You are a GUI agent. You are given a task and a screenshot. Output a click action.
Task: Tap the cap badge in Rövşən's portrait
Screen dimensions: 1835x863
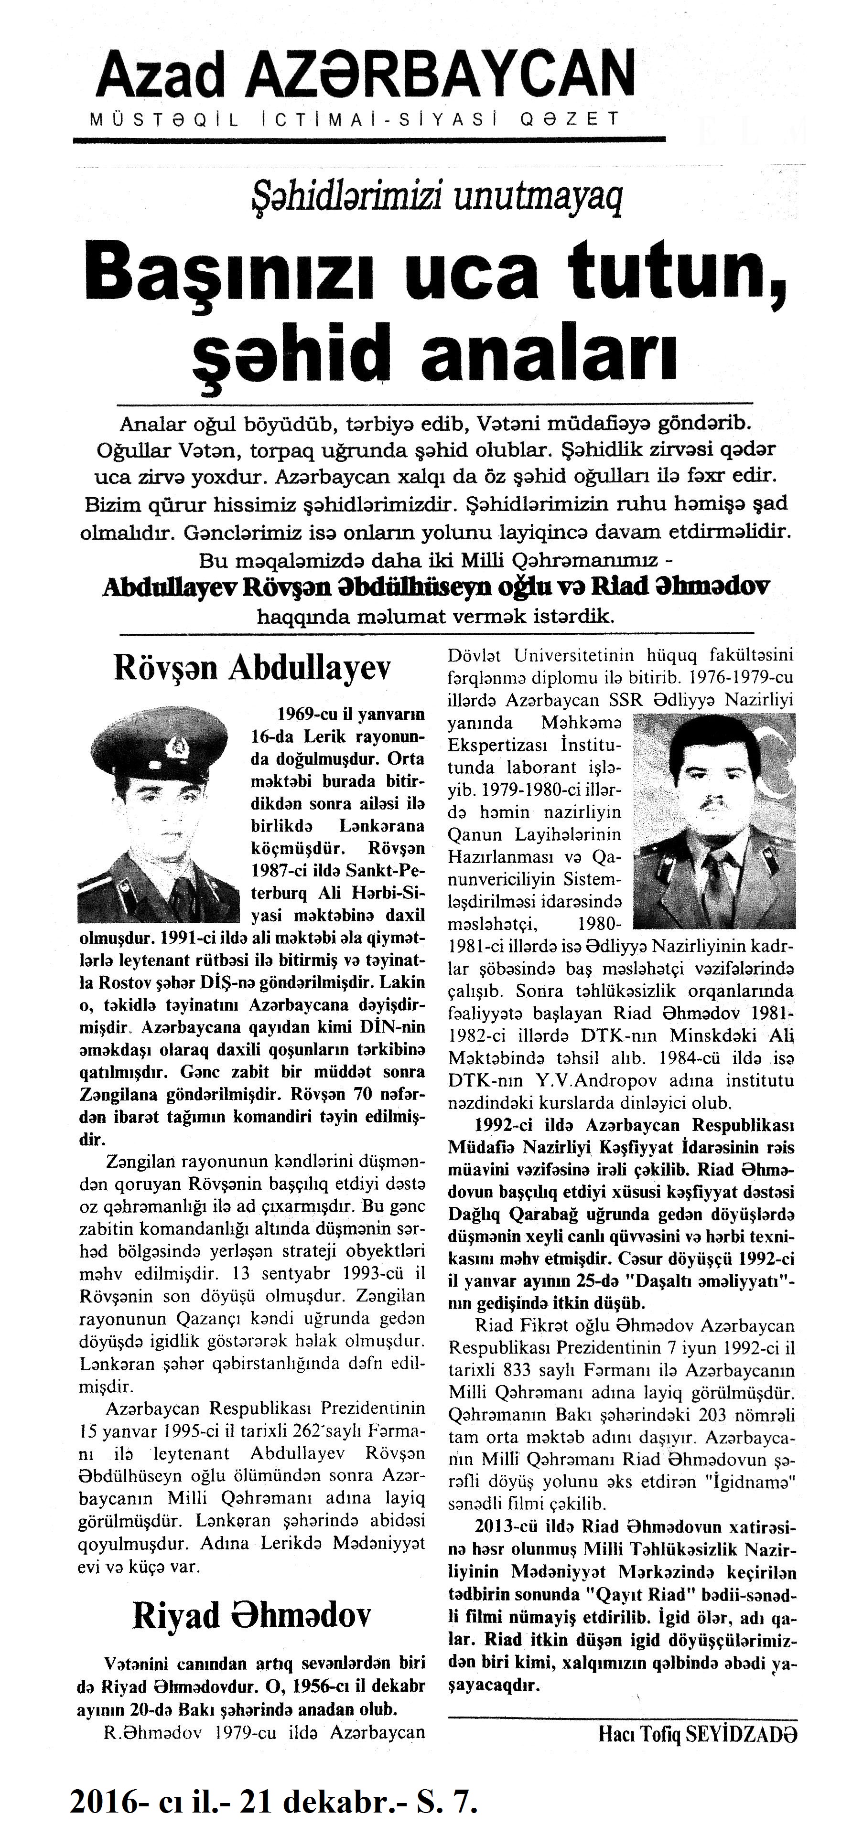click(x=174, y=747)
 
